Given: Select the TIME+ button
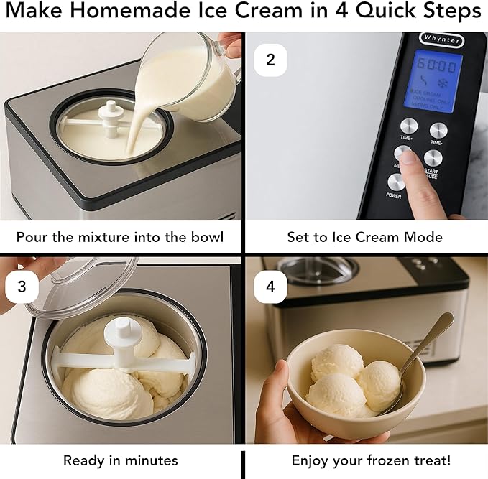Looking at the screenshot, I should point(409,126).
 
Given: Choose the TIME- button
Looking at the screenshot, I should point(438,131).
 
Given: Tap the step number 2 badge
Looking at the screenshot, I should point(270,60).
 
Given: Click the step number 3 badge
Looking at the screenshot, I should point(22,286).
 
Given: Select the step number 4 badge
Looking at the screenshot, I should point(270,286).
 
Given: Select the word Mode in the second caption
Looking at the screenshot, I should point(424,237).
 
